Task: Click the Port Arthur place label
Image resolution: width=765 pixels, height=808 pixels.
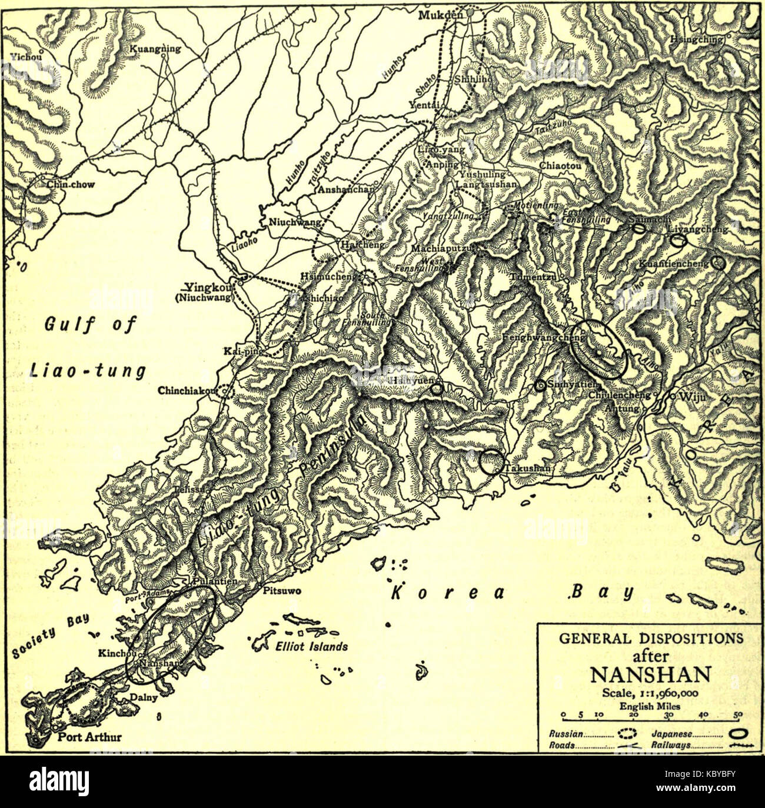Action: tap(89, 737)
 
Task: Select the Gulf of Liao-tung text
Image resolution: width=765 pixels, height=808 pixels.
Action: tap(88, 347)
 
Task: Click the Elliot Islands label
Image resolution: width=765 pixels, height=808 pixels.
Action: tap(311, 646)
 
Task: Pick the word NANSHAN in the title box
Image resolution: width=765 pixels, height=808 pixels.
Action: tap(650, 674)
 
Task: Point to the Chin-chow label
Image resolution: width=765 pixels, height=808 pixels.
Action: tap(71, 184)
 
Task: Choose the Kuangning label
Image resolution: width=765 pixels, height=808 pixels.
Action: tap(155, 49)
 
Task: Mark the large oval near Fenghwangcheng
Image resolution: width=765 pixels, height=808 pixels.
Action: tap(598, 349)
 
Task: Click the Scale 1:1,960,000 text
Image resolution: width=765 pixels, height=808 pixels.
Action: tap(650, 693)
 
